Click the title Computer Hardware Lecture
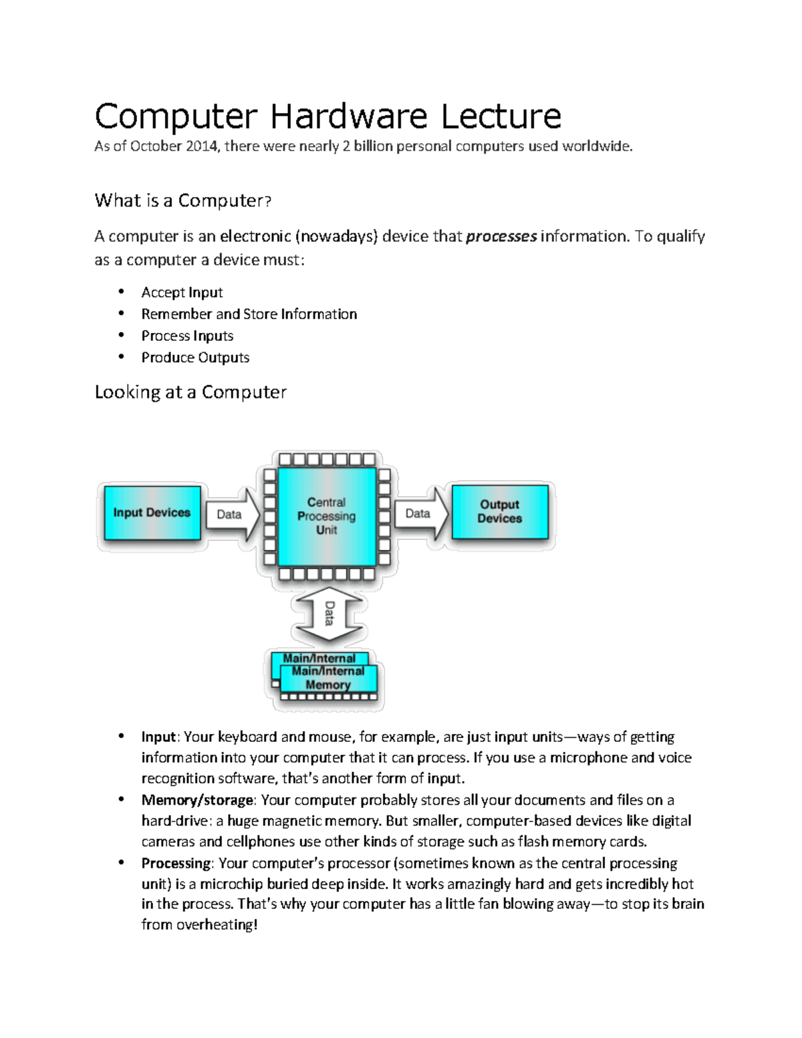point(327,116)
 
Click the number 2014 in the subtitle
point(202,146)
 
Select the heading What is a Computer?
point(182,201)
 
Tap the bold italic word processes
point(501,237)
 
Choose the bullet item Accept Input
point(182,293)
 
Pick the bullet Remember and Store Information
point(249,314)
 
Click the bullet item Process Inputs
point(187,336)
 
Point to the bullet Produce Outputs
point(195,358)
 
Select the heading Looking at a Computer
point(190,392)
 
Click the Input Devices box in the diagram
point(152,513)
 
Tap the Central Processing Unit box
point(326,516)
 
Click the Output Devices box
point(499,511)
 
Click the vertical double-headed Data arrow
point(328,614)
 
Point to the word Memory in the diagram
point(327,685)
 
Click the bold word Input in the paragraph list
point(158,737)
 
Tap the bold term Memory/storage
point(197,800)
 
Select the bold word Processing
point(176,864)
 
